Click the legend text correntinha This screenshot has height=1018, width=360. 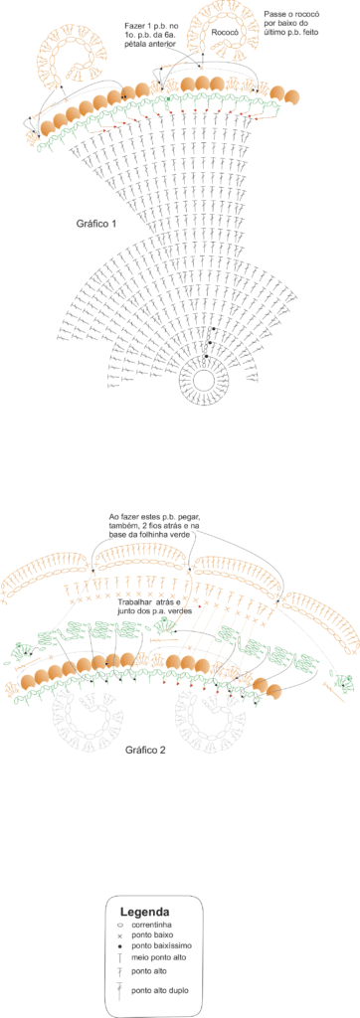tap(152, 924)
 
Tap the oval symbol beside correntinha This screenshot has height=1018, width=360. tap(120, 924)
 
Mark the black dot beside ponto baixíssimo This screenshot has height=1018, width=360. tap(120, 946)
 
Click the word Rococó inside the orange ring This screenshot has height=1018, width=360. tap(224, 31)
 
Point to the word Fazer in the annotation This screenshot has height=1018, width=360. tap(135, 25)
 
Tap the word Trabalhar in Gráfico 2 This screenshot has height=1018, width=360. tap(133, 601)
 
